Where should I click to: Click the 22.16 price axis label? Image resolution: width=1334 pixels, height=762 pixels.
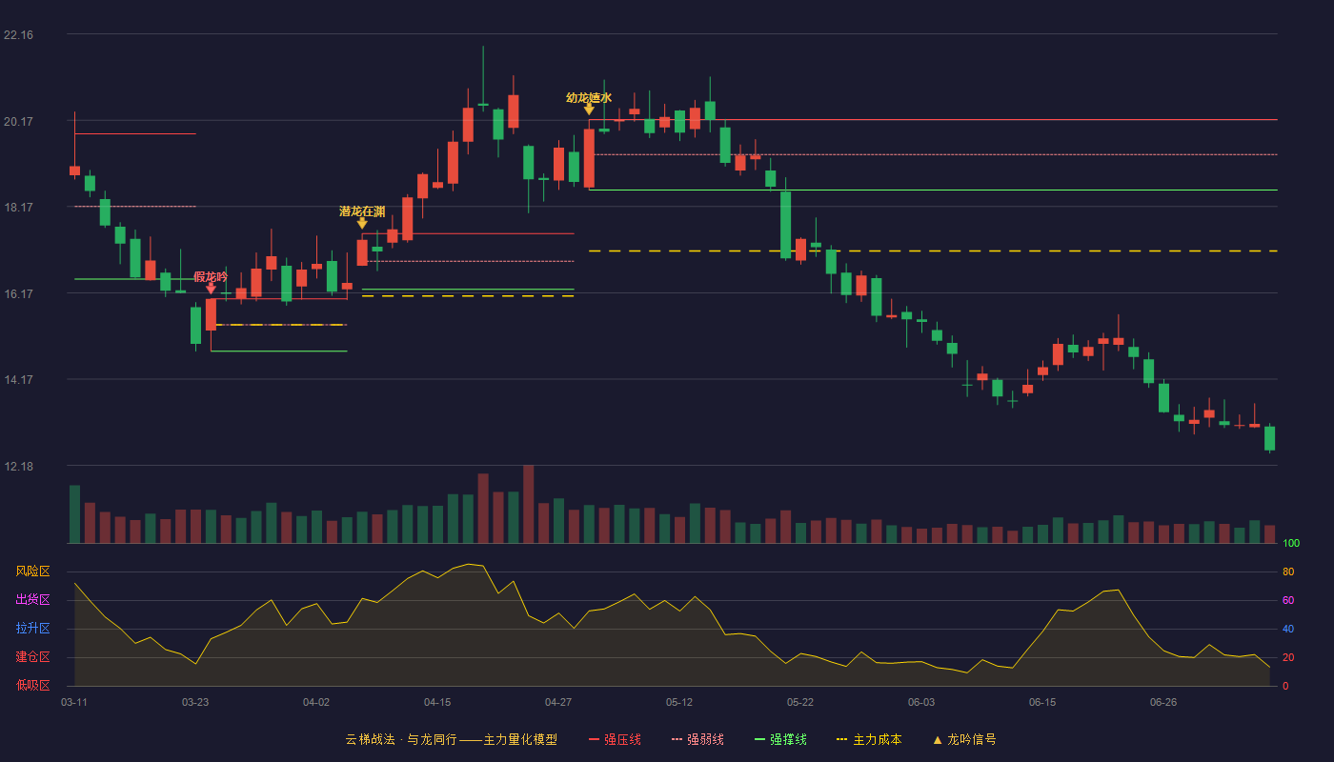click(x=18, y=35)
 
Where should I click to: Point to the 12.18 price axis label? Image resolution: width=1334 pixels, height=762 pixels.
click(x=18, y=466)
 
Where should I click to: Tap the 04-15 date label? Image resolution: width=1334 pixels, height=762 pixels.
click(x=437, y=703)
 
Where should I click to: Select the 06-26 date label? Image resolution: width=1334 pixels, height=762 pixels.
click(x=1163, y=703)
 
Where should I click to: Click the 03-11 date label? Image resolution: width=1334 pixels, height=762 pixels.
click(x=74, y=703)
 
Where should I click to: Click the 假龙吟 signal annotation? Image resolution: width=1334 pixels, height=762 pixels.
click(x=211, y=277)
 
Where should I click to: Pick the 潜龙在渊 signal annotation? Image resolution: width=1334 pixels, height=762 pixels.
click(x=362, y=211)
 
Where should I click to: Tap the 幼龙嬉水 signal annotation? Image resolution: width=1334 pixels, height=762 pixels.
click(x=589, y=97)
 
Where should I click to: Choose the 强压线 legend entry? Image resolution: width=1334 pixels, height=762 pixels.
click(x=615, y=739)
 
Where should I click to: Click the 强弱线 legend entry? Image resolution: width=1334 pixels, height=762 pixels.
click(x=697, y=739)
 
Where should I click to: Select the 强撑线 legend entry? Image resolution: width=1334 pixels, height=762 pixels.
click(x=780, y=739)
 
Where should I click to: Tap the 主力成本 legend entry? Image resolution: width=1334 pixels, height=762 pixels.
click(x=869, y=739)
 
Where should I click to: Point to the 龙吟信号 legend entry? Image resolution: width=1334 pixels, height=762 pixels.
click(x=964, y=739)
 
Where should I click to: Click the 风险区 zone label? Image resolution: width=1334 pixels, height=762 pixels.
click(x=32, y=571)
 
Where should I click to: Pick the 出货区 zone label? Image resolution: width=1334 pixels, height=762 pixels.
click(x=32, y=599)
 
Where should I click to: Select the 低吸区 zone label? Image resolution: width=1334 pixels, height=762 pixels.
click(x=32, y=685)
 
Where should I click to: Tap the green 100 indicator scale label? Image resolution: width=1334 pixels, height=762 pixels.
click(x=1291, y=543)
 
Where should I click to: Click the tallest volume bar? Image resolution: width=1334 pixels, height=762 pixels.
click(x=528, y=504)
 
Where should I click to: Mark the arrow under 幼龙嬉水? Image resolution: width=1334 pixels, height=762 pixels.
click(x=589, y=110)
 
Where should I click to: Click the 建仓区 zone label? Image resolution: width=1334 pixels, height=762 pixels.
click(x=32, y=656)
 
